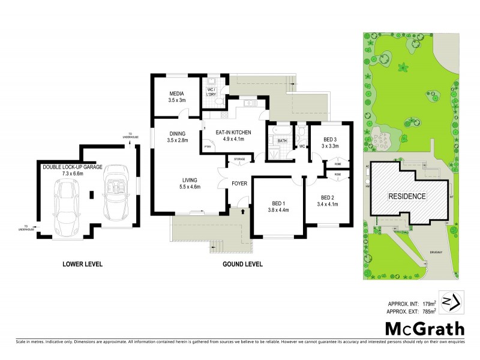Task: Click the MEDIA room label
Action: (x=176, y=94)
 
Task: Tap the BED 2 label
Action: (x=327, y=198)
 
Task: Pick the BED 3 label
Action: (x=331, y=140)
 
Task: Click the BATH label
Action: (x=282, y=142)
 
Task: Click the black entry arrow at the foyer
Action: (x=241, y=211)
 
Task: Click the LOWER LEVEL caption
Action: (x=83, y=263)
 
